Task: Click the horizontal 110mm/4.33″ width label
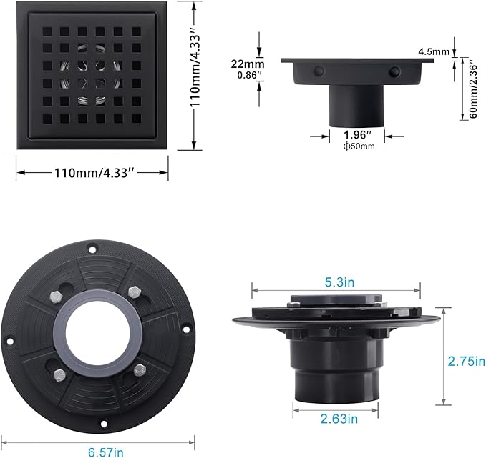pos(92,173)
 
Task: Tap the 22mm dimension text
pos(240,63)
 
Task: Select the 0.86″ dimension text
pos(240,74)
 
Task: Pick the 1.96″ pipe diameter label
pos(356,134)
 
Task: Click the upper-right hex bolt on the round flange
pos(133,292)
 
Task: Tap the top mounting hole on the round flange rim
pos(92,248)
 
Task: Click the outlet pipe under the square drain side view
pos(356,106)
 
